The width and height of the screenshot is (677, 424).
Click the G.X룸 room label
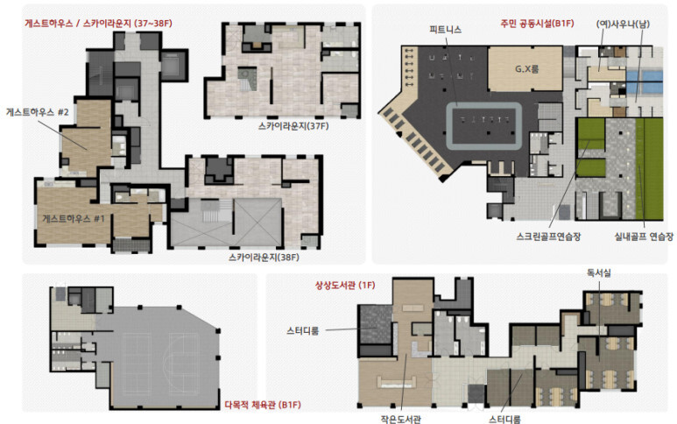[526, 68]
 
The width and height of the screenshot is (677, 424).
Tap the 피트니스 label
[445, 30]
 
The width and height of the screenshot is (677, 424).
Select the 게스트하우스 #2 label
[37, 112]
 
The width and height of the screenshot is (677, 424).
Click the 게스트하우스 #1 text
[73, 218]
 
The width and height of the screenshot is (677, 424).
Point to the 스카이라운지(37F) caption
[293, 126]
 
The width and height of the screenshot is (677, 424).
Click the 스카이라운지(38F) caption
[264, 258]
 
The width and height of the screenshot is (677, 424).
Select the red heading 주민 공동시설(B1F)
[537, 24]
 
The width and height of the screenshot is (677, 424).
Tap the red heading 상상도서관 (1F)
[345, 285]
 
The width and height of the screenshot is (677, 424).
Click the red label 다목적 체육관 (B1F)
[263, 405]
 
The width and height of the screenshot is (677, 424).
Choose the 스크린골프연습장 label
[548, 237]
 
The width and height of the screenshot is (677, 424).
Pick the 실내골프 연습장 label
[644, 237]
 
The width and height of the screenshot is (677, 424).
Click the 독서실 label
[599, 272]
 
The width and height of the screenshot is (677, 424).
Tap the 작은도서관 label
[400, 419]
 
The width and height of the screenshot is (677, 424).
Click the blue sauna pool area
[645, 82]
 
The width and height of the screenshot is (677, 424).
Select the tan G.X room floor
[525, 69]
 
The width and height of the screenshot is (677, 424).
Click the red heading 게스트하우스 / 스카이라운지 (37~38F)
[98, 24]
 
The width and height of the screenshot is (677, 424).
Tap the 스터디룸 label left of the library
[303, 331]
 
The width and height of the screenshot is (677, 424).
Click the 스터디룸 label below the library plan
[504, 419]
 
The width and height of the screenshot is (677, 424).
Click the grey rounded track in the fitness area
[483, 105]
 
